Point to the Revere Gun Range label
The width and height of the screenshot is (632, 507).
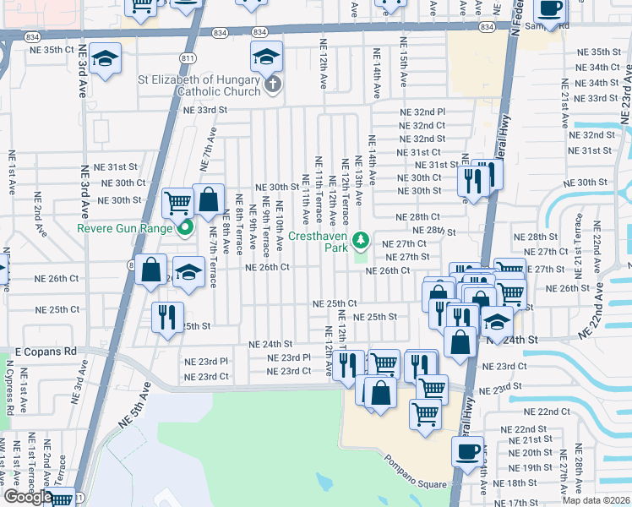point(125,228)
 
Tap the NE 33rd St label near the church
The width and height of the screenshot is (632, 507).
point(205,110)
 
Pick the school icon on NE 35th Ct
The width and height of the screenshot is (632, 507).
point(106,58)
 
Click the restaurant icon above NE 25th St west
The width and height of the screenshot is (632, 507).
point(166,316)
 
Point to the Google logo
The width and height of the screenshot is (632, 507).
point(28,497)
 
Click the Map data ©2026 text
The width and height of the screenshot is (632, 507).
point(596,500)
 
